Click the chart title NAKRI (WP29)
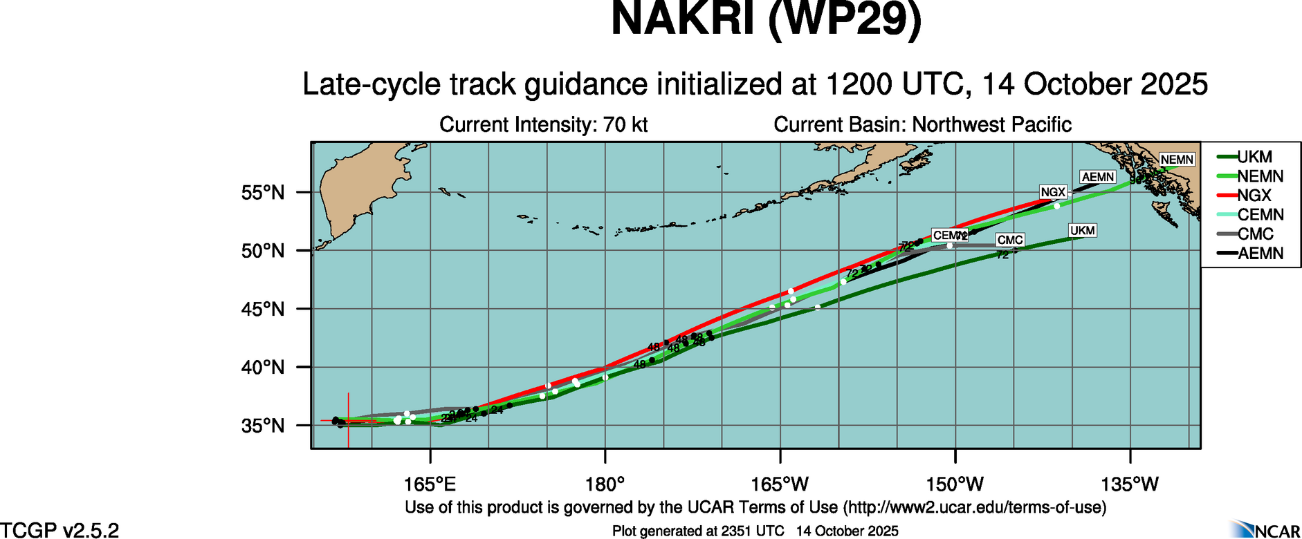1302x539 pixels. pos(766,19)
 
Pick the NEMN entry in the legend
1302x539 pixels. pos(1260,176)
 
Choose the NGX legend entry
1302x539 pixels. pos(1254,196)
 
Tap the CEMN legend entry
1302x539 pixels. pos(1260,215)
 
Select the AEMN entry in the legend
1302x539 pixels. pos(1260,254)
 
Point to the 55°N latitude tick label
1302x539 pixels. pos(263,193)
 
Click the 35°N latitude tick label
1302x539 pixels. pos(263,426)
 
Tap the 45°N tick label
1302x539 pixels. pos(263,309)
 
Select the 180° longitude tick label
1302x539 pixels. pos(605,484)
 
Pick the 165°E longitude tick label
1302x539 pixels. pos(430,484)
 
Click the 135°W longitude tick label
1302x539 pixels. pos(1130,484)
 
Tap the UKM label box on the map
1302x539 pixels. pos(1082,230)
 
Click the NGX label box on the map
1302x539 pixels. pos(1053,192)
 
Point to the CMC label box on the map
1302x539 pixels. pos(1010,240)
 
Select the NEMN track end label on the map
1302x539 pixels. pos(1177,160)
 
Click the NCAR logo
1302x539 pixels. pos(1265,529)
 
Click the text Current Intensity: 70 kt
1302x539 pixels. pos(544,125)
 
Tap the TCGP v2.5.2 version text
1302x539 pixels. pos(59,530)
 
